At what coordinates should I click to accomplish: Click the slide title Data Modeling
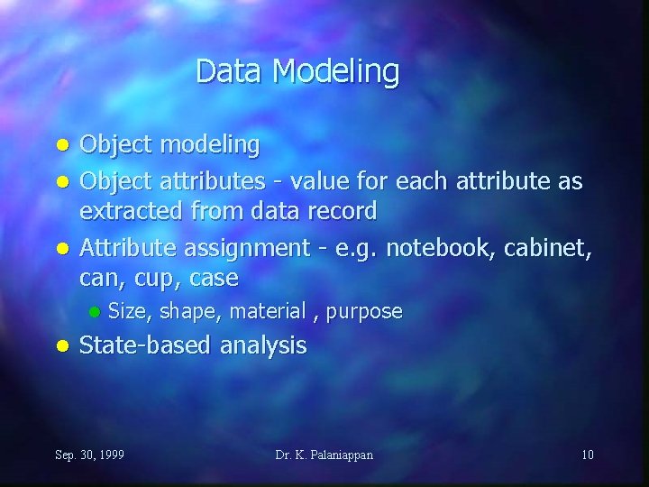(297, 71)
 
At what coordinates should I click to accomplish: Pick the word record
(343, 211)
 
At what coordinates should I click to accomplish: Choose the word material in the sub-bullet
(268, 311)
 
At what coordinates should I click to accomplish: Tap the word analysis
(263, 346)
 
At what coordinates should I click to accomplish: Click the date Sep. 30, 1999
(90, 455)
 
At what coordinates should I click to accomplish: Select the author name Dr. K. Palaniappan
(324, 455)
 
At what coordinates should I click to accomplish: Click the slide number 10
(587, 455)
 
